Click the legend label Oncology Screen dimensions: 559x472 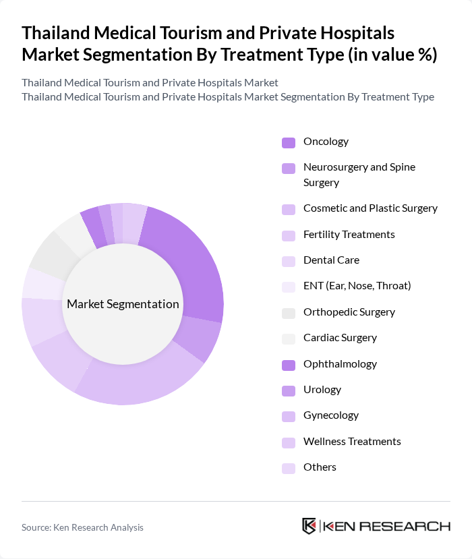[326, 142]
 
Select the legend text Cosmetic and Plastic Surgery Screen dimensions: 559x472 [370, 208]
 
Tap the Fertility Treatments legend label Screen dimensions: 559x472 [349, 235]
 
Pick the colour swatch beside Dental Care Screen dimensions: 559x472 [289, 261]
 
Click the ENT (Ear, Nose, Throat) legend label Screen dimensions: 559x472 [357, 286]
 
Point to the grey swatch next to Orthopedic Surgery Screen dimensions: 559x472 [289, 313]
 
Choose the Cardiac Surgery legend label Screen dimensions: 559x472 [340, 338]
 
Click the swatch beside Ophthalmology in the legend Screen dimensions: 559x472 [289, 365]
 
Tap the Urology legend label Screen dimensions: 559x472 [322, 390]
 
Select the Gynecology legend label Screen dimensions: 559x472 [331, 415]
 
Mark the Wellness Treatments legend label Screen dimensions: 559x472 [352, 442]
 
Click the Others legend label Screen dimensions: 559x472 [320, 467]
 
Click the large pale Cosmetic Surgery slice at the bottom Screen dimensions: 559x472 [142, 384]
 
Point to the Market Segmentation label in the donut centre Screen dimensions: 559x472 [123, 304]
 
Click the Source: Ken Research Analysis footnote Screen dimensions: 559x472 [82, 527]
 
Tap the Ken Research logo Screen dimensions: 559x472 [376, 526]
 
